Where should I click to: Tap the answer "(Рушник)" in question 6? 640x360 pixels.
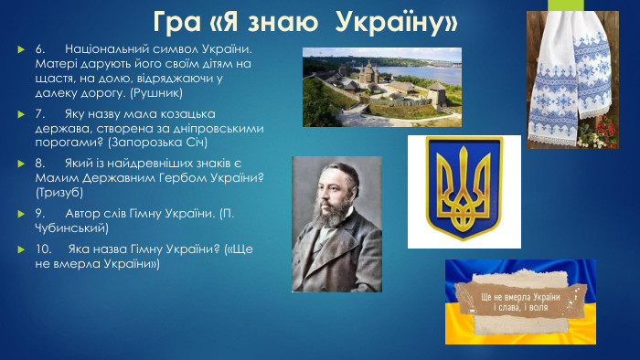tap(158, 93)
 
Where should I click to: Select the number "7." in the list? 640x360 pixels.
tap(41, 114)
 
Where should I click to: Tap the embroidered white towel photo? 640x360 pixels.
tap(571, 73)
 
